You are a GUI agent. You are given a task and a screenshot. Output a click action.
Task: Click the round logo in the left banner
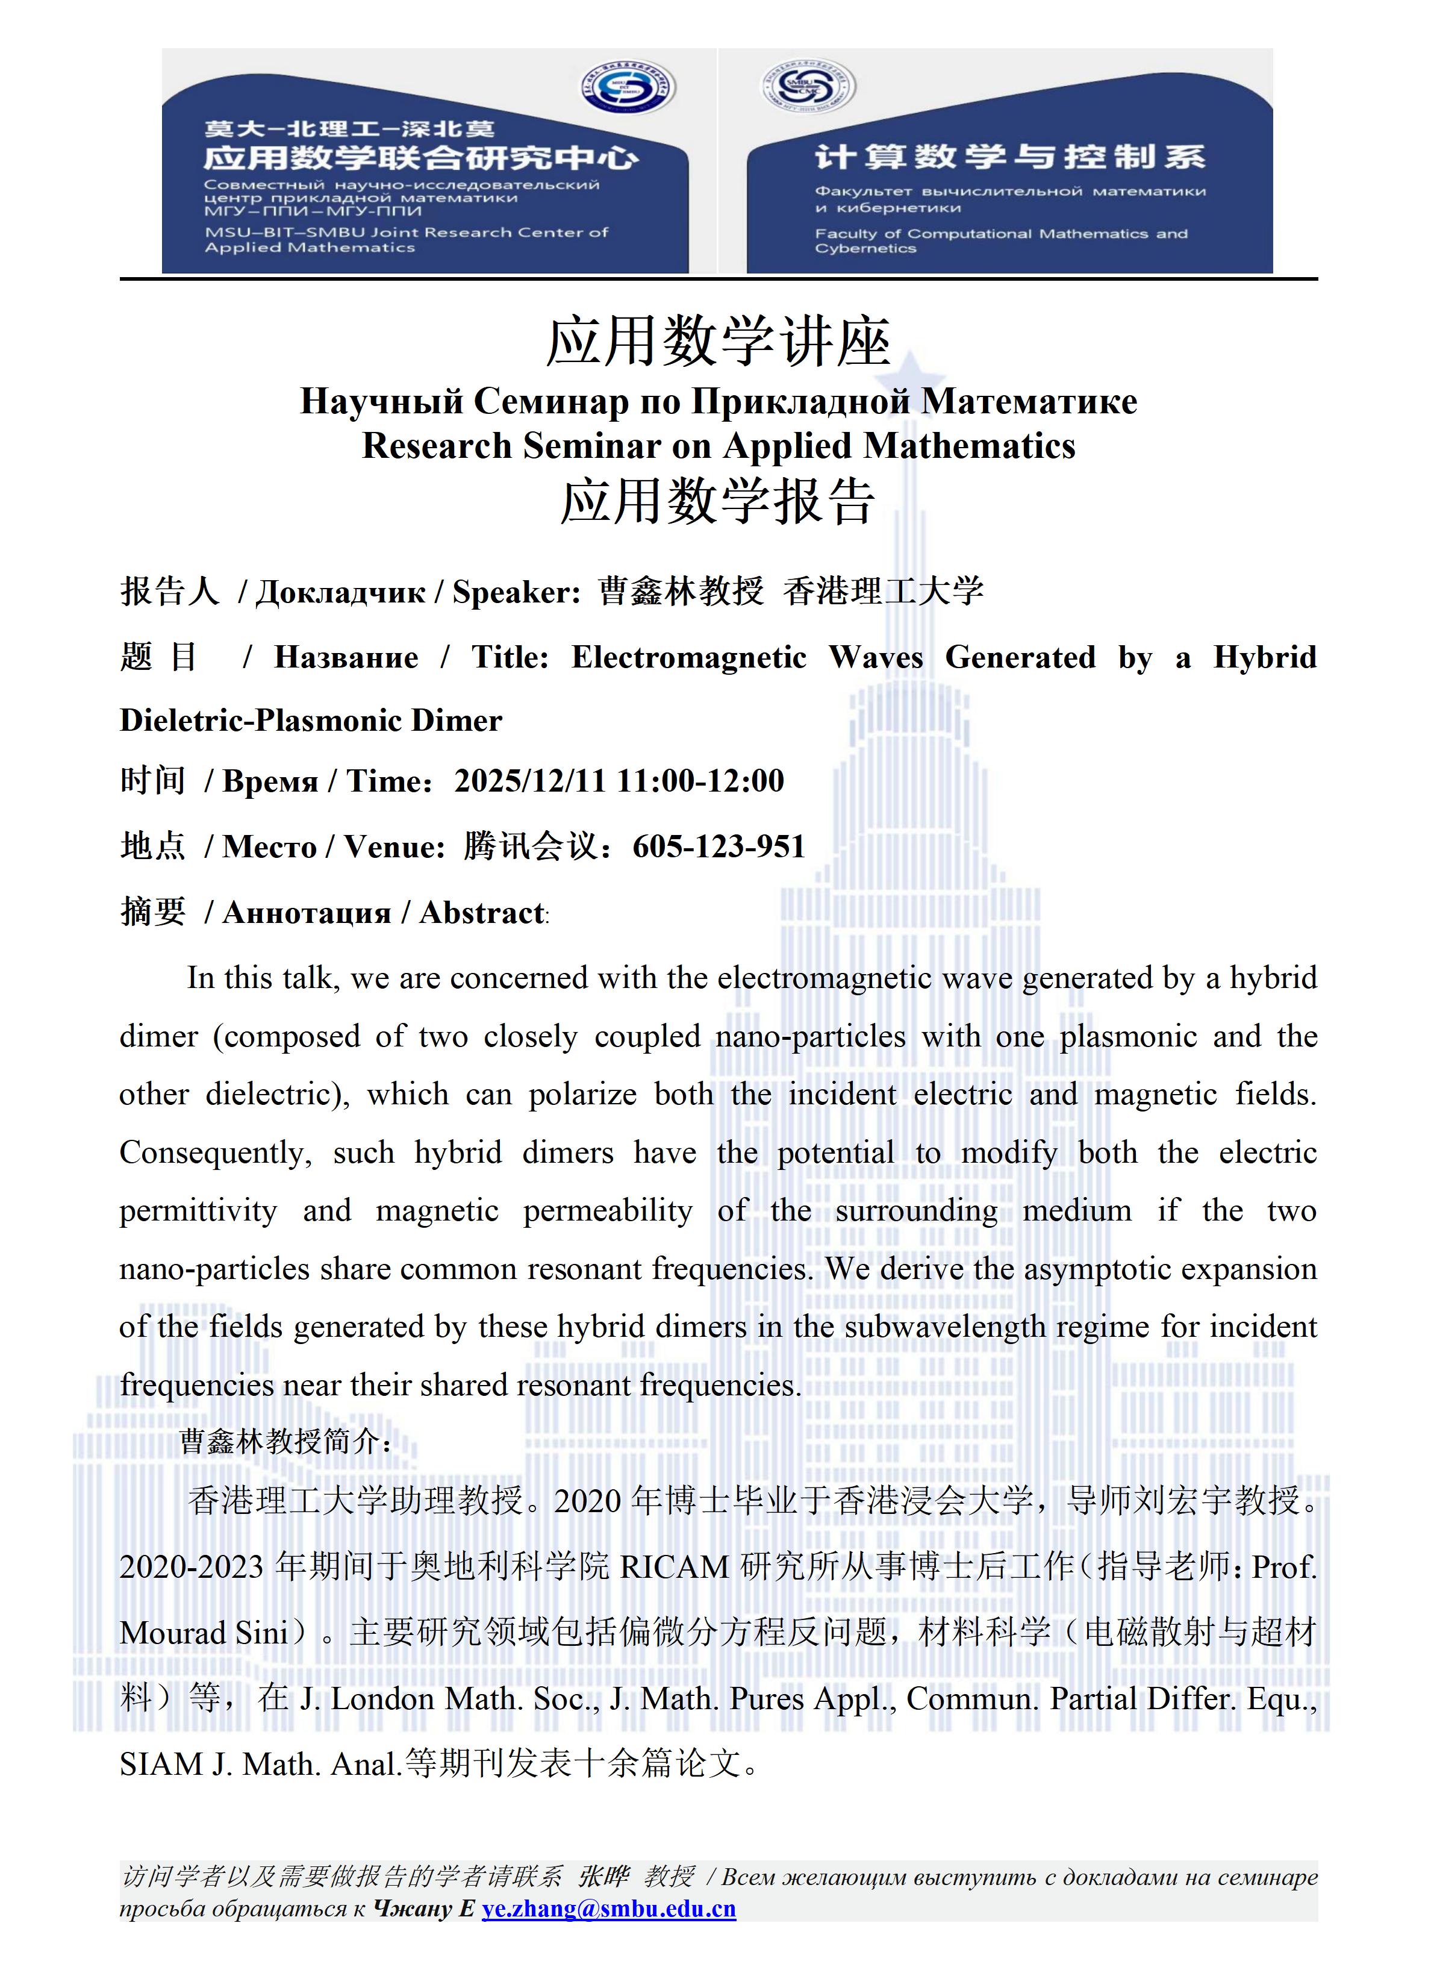tap(628, 89)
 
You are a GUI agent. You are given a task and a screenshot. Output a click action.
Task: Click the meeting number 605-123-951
tap(719, 846)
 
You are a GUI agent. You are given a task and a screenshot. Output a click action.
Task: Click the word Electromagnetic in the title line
tap(689, 657)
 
